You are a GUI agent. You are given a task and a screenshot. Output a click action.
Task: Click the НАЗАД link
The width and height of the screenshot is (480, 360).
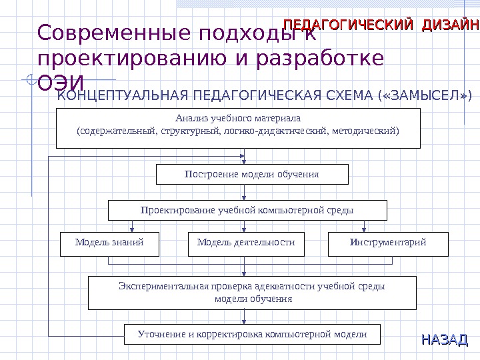tap(445, 340)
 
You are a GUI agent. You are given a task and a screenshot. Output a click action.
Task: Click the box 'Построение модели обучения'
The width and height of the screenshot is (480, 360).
tap(252, 175)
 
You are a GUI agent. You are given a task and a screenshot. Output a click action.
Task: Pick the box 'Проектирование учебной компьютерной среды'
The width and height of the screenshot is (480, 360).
tap(247, 211)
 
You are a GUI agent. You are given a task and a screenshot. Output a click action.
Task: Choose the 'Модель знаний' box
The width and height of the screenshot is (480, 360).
tap(110, 244)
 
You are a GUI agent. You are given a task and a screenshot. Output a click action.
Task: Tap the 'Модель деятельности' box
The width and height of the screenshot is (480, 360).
tap(246, 244)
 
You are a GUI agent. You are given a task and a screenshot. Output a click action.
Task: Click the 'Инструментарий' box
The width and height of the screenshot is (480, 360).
tap(388, 244)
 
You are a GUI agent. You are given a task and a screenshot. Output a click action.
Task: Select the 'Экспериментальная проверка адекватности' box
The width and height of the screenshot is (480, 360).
tap(253, 293)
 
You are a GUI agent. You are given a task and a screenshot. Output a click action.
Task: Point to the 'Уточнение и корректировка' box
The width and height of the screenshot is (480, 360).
tap(253, 335)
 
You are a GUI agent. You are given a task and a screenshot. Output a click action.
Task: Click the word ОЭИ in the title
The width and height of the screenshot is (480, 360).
tap(61, 83)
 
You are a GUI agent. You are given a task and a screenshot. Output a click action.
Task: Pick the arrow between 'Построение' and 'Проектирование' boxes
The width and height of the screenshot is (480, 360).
tap(244, 193)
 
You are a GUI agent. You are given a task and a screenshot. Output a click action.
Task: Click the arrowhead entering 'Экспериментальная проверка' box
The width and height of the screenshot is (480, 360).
tap(244, 275)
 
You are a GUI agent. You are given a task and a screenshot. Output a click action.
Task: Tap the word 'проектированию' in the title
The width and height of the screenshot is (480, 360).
tap(129, 58)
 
